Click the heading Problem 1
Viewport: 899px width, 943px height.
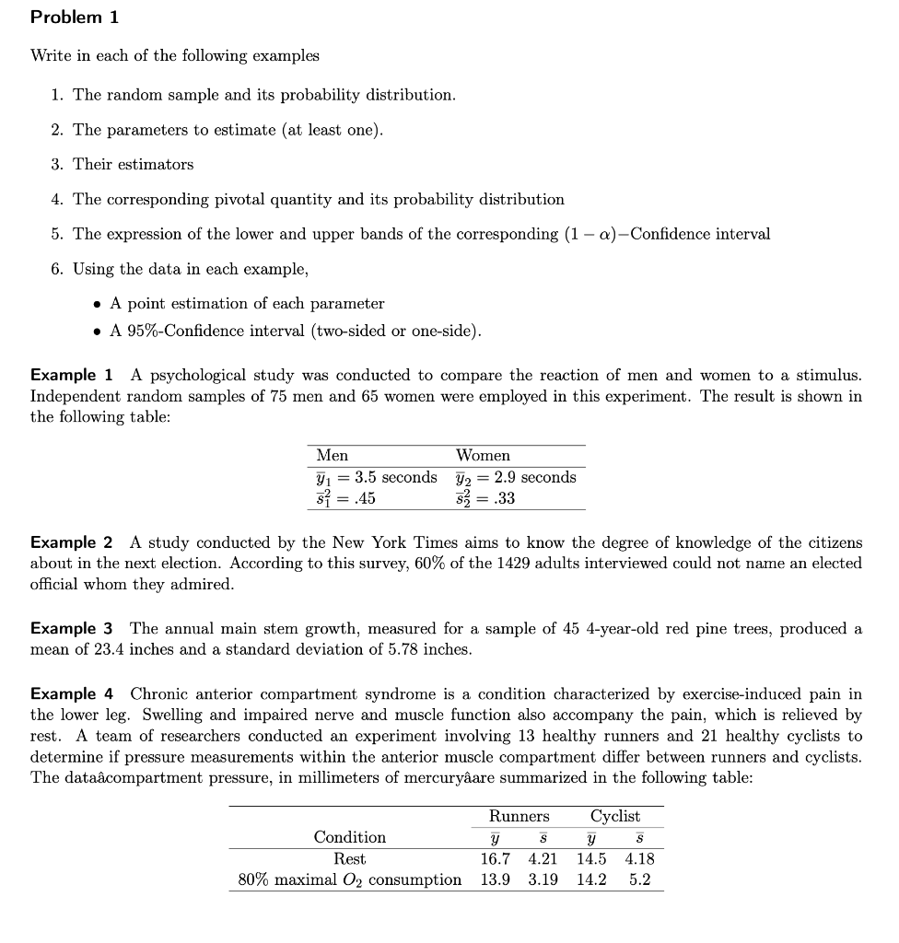point(75,17)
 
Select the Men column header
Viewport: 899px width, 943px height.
point(332,456)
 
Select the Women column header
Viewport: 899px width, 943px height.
point(483,456)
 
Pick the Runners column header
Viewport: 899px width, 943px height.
point(519,816)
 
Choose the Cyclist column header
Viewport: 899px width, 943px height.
point(615,816)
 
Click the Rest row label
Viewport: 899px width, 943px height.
point(349,858)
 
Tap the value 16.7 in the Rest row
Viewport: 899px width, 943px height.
point(496,858)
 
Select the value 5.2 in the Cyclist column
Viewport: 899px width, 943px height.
point(639,879)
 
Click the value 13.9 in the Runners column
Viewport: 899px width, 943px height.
point(496,879)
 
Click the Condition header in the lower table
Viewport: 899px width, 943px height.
point(350,837)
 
